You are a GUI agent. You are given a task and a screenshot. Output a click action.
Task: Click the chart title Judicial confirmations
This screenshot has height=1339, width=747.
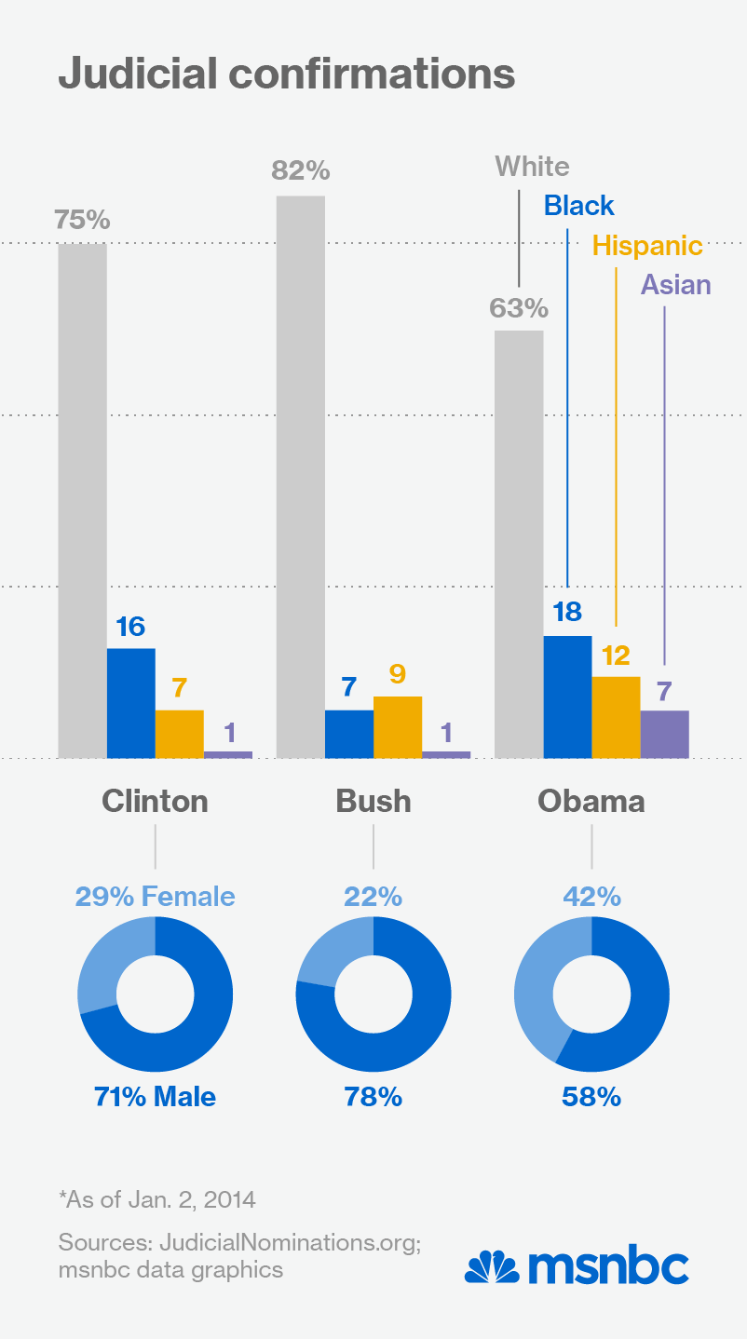286,74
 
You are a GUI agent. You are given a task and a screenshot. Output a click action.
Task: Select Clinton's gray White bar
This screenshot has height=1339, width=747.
83,501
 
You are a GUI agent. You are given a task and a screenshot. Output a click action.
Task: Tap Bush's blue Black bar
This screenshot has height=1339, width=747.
349,734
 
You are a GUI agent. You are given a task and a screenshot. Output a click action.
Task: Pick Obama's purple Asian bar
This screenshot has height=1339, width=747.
665,734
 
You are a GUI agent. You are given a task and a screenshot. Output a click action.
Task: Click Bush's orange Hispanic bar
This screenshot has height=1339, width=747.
398,727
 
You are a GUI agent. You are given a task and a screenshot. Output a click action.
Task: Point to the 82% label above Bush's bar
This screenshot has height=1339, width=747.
301,171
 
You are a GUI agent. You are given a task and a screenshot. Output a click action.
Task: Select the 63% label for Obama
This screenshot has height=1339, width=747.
520,308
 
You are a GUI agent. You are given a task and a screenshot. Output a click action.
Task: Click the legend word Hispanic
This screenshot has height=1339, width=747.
647,246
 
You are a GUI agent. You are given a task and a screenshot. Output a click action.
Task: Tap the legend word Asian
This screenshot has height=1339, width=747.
675,285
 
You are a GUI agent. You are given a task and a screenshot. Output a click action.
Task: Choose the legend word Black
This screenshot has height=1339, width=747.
579,206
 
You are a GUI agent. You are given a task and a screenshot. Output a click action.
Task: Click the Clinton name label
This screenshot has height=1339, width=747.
155,801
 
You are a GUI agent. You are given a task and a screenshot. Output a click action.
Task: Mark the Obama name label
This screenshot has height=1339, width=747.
591,801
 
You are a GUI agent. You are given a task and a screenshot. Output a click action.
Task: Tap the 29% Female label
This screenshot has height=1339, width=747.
155,897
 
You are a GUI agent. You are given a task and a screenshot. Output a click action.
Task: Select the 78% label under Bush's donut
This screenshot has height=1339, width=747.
373,1097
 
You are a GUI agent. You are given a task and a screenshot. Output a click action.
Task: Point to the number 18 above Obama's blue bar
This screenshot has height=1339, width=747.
567,612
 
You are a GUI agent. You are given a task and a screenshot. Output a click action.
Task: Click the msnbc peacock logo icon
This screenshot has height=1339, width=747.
492,1267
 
